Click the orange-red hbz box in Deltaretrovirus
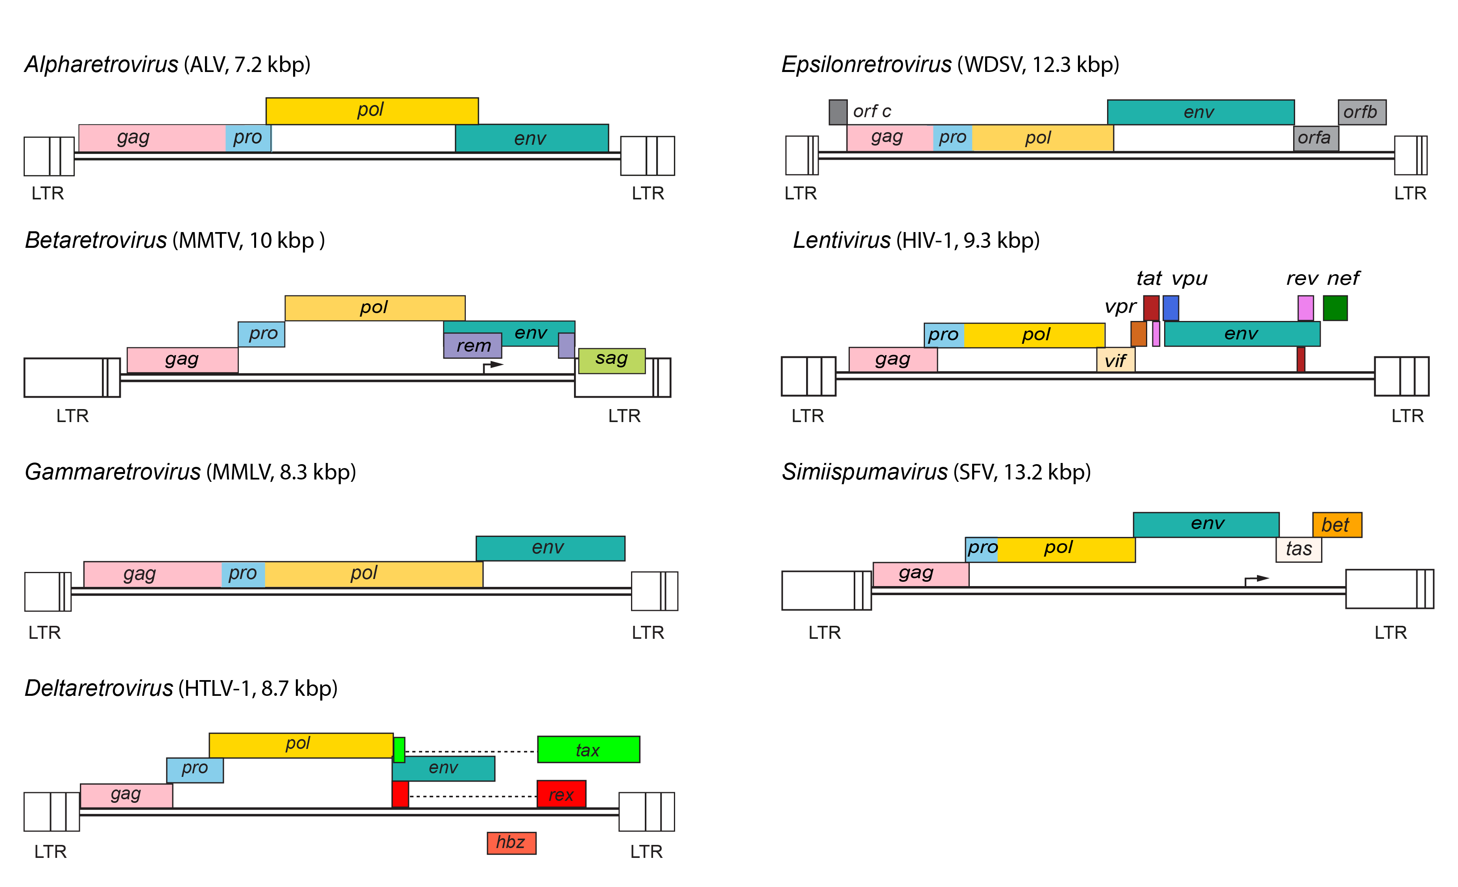point(511,843)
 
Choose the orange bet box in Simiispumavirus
point(1337,525)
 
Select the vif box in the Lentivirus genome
point(1115,360)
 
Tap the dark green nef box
point(1335,308)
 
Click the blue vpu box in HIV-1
point(1170,308)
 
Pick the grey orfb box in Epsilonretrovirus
point(1362,112)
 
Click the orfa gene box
point(1316,138)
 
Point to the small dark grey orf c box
point(837,112)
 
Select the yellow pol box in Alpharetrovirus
point(372,111)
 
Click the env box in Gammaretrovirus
point(550,548)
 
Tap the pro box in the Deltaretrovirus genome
point(195,769)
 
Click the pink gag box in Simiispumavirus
point(920,574)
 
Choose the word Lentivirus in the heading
point(841,240)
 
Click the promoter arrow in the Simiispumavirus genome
point(1256,579)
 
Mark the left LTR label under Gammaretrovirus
point(44,633)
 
